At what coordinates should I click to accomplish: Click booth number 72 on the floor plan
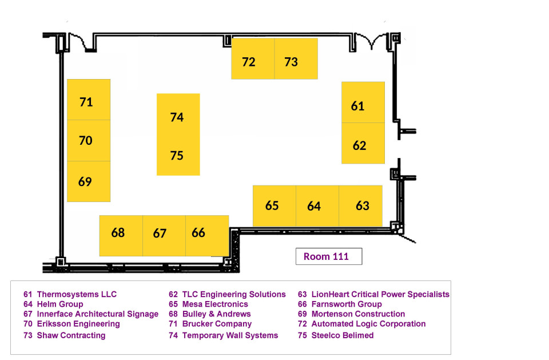tap(253, 58)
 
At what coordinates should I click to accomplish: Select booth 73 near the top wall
tap(296, 58)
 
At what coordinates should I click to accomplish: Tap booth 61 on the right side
tap(363, 102)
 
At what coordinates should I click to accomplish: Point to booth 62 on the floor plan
tap(363, 143)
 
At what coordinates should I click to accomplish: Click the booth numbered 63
tap(361, 206)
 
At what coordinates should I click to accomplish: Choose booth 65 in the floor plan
tap(274, 206)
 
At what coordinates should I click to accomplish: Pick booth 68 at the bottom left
tap(121, 236)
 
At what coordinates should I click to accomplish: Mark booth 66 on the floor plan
tap(207, 236)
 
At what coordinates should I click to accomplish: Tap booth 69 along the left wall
tap(89, 181)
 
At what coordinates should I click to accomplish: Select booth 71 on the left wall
tap(89, 100)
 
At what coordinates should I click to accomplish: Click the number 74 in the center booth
tap(177, 117)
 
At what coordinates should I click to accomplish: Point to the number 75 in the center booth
tap(177, 155)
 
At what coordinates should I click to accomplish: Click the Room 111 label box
tap(329, 256)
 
